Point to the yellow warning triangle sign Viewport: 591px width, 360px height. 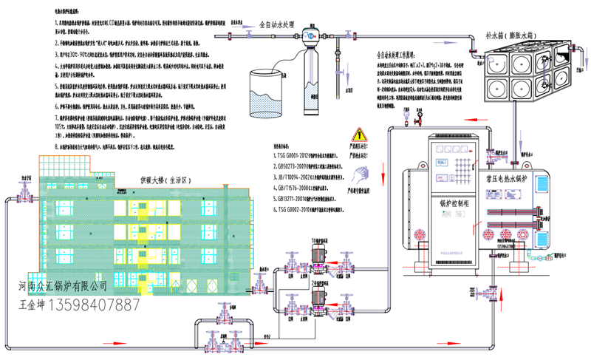[360, 135]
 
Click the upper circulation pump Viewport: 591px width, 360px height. [319, 255]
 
